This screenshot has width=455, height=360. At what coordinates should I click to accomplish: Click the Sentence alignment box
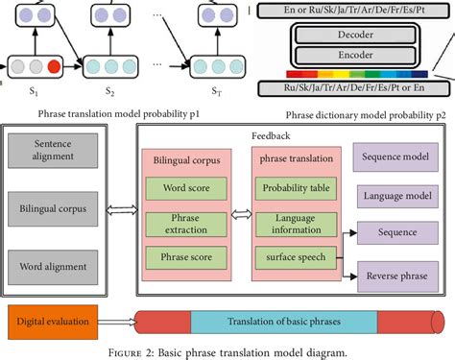(53, 152)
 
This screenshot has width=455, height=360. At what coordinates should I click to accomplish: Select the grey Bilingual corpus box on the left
(53, 205)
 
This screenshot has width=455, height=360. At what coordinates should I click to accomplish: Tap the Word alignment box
(53, 265)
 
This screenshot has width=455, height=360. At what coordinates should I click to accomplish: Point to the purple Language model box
(396, 196)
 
